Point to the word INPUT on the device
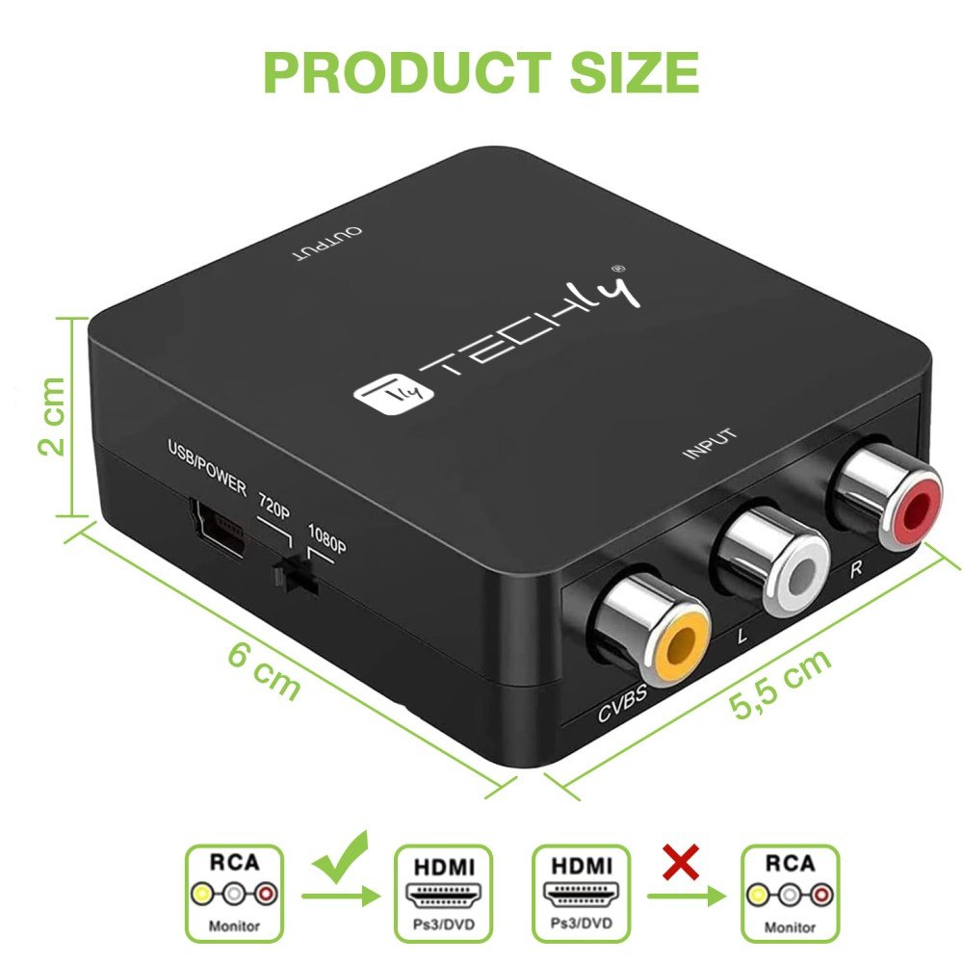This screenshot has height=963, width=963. pos(710,444)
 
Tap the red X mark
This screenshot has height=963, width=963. pos(681,862)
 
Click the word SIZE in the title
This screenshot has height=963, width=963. pos(635,72)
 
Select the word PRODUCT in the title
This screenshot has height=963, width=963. pos(407,72)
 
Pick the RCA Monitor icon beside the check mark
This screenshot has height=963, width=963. pos(235,893)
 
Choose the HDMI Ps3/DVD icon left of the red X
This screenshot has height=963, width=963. pos(581,893)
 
